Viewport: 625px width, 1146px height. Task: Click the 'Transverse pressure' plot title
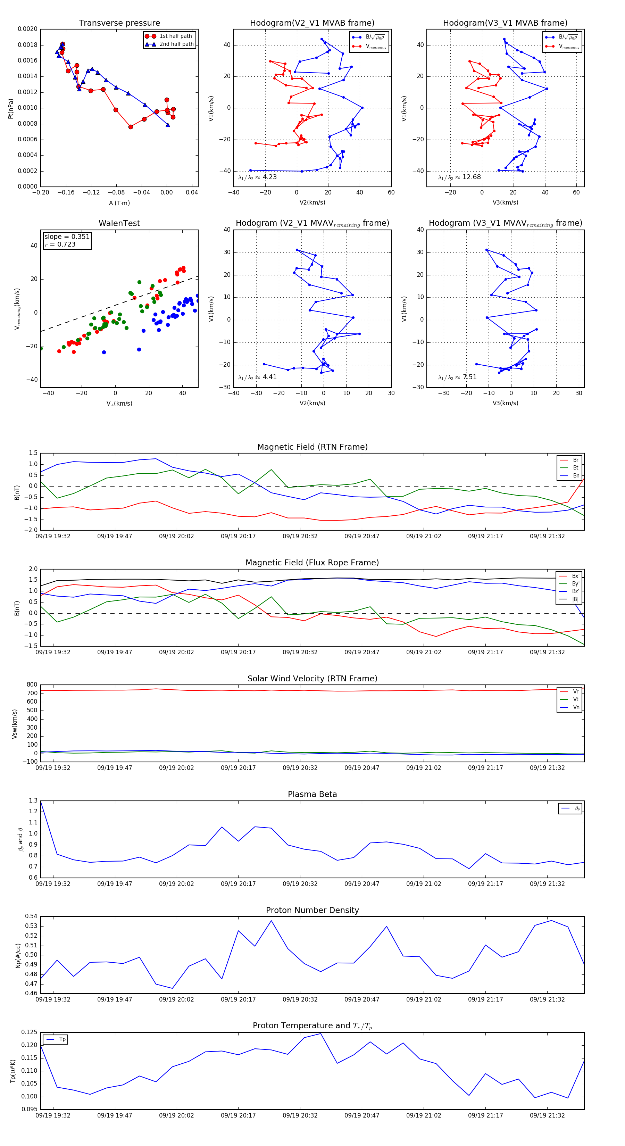(x=119, y=23)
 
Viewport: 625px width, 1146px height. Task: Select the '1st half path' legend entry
(x=176, y=36)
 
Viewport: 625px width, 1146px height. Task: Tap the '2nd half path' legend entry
(x=176, y=44)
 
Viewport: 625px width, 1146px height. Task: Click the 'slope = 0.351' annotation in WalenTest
(x=67, y=237)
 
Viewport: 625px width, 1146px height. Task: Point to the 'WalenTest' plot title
(x=119, y=223)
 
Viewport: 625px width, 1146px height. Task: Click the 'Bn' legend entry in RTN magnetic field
(x=576, y=475)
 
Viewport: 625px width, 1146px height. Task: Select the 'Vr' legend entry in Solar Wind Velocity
(x=576, y=692)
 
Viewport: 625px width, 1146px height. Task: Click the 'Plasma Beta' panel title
(x=312, y=795)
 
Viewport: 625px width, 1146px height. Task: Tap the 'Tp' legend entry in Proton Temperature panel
(x=62, y=1040)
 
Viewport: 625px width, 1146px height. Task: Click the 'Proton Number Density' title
(x=312, y=910)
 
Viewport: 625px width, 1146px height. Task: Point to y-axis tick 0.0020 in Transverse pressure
(x=27, y=29)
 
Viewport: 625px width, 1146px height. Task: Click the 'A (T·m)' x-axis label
(x=119, y=203)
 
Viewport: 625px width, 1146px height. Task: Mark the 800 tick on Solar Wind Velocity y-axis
(x=32, y=685)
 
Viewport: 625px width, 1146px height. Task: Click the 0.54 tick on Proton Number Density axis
(x=31, y=916)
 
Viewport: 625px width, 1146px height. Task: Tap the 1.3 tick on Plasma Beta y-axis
(x=33, y=800)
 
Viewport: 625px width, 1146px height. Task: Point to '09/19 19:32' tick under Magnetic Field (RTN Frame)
(x=53, y=536)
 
